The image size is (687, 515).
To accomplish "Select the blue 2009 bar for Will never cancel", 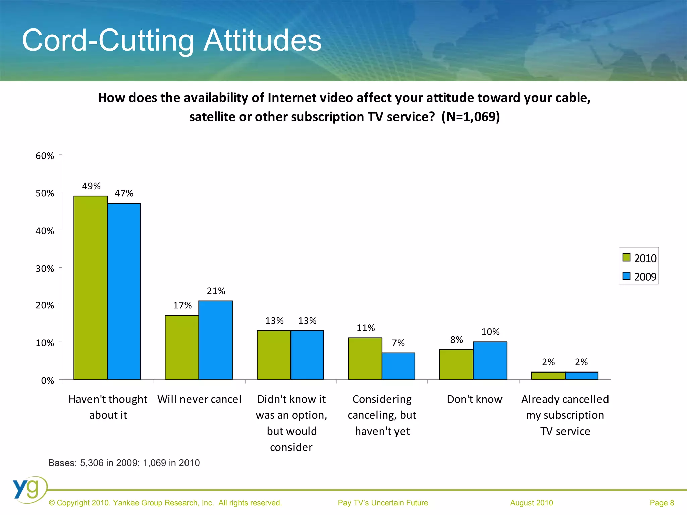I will coord(215,340).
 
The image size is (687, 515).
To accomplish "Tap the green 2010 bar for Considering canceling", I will coord(365,358).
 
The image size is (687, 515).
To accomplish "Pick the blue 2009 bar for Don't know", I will coord(490,360).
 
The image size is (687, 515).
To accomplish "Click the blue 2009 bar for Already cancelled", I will coord(581,376).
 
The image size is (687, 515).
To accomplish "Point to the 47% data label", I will coord(124,193).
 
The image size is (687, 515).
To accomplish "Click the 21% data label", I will coord(216,291).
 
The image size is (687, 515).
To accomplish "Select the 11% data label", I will coord(366,328).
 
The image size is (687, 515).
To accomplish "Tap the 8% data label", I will coord(456,340).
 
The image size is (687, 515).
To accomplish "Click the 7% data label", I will coord(398,343).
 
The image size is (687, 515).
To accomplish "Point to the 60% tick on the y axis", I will coord(45,156).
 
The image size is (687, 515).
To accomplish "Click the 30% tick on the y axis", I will coord(45,269).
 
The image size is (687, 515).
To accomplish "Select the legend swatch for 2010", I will coord(626,257).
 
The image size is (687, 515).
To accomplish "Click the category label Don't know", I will coord(474,399).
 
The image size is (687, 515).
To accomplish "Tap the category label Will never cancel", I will coord(199,399).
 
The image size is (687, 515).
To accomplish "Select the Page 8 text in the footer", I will coord(662,503).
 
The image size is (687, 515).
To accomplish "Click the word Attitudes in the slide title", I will coord(263,40).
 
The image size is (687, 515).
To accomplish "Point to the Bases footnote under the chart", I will coord(124,463).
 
